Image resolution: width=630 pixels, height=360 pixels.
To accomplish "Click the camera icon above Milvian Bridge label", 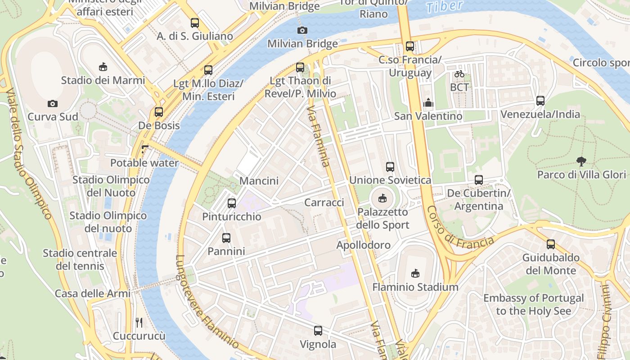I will click(x=302, y=31).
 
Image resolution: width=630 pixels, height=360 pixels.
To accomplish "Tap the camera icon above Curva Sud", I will click(x=53, y=104).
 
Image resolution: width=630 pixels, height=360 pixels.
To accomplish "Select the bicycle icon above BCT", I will click(x=459, y=74).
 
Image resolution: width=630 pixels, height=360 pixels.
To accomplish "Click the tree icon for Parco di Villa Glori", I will click(x=581, y=161).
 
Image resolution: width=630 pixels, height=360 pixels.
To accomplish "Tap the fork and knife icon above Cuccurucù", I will click(x=139, y=322).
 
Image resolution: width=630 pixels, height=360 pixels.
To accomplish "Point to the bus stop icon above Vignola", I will click(x=318, y=331).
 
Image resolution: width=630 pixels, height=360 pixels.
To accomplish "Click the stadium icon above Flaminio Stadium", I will click(x=415, y=273).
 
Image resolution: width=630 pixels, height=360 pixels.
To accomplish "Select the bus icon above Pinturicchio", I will click(x=232, y=203).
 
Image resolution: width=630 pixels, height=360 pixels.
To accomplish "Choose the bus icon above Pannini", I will click(x=226, y=238).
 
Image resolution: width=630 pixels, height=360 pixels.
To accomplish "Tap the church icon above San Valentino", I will click(x=428, y=103).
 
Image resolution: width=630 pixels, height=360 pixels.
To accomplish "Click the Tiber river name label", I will click(x=444, y=6).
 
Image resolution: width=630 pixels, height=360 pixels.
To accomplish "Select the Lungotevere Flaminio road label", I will click(x=207, y=302).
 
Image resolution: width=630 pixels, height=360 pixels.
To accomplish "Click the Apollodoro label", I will click(x=364, y=245).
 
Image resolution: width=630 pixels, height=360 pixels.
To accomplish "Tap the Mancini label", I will click(x=259, y=181).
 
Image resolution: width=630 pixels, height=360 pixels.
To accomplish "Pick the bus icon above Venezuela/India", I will click(x=540, y=101).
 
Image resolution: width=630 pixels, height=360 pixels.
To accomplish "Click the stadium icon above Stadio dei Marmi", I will click(x=103, y=67).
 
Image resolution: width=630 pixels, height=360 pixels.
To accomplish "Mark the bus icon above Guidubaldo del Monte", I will click(x=551, y=244).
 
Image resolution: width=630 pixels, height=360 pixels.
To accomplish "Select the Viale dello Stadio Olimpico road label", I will click(x=29, y=153).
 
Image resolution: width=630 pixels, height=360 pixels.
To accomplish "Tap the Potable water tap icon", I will click(x=144, y=149).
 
